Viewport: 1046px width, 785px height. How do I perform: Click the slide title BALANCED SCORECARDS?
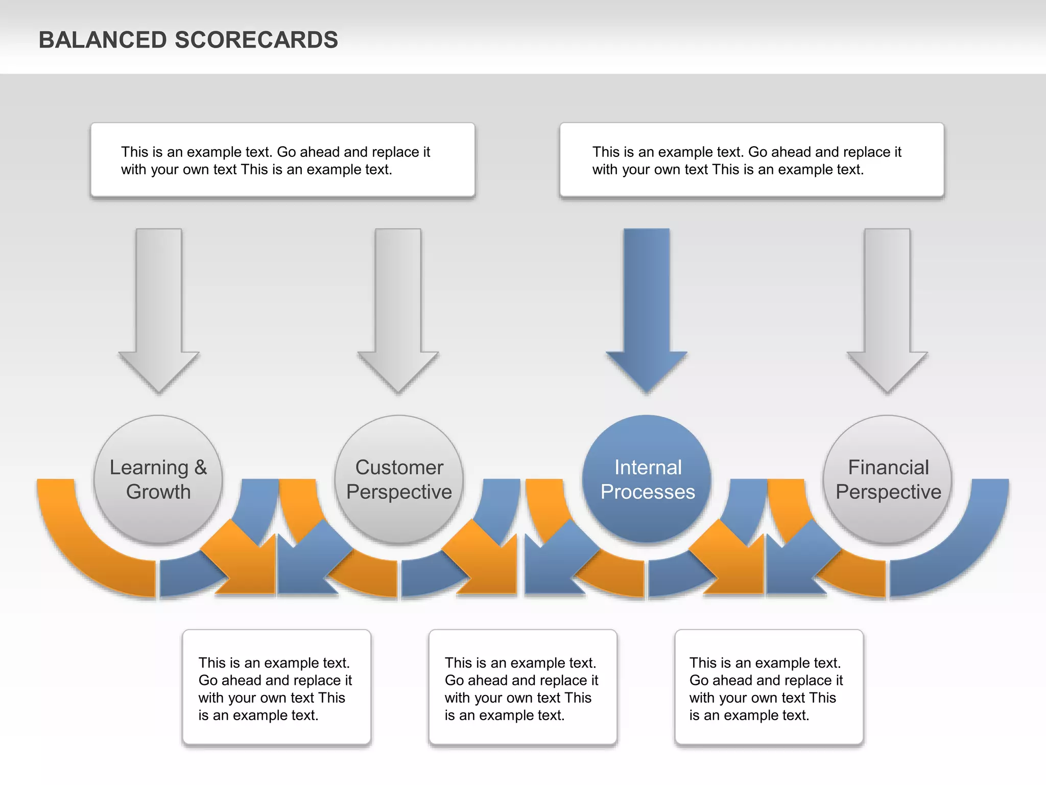click(x=188, y=40)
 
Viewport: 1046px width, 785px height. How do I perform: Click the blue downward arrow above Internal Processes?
click(x=647, y=307)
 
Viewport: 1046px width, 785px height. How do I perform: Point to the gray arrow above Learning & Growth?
click(x=159, y=307)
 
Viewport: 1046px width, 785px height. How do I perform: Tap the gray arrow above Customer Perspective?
click(x=398, y=307)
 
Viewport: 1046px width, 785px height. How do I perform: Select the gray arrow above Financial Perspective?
click(x=887, y=307)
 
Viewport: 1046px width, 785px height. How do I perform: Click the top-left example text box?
click(x=282, y=160)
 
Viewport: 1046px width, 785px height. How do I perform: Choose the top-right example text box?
click(x=752, y=160)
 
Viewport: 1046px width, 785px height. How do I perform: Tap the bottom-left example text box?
click(x=276, y=687)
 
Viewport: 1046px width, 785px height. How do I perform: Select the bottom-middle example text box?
click(x=522, y=687)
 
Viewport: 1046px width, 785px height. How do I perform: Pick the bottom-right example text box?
click(x=769, y=687)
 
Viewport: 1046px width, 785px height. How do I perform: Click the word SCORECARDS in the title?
click(x=256, y=40)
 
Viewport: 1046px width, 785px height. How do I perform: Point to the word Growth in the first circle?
click(x=158, y=492)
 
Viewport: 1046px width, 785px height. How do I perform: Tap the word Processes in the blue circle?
click(x=648, y=492)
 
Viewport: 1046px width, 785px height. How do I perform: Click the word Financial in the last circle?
click(x=888, y=467)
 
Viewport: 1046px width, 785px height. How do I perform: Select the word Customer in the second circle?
click(x=399, y=467)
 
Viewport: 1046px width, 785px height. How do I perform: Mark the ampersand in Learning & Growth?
click(x=200, y=467)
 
